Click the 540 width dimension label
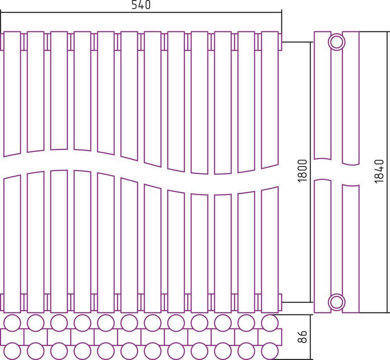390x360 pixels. coord(141,5)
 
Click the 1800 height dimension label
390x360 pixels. coord(303,171)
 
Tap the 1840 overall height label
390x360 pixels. coord(379,171)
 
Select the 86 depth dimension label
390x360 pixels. coord(302,337)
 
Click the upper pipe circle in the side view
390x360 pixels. coord(337,42)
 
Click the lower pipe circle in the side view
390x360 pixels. coord(337,302)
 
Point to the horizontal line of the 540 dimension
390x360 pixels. coord(141,12)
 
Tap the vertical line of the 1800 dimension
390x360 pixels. coord(311,172)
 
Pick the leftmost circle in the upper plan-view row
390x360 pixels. coord(12,323)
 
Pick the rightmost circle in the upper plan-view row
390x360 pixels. coord(270,323)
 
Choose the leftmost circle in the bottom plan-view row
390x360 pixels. coord(12,351)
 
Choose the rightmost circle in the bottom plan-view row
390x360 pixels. coord(270,351)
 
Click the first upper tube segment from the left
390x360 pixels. coord(12,94)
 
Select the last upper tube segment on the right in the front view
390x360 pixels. coord(270,100)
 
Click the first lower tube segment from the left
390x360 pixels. coord(12,244)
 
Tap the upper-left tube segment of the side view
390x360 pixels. coord(323,95)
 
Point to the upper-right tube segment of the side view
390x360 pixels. coord(351,98)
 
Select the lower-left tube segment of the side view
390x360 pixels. coord(323,246)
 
